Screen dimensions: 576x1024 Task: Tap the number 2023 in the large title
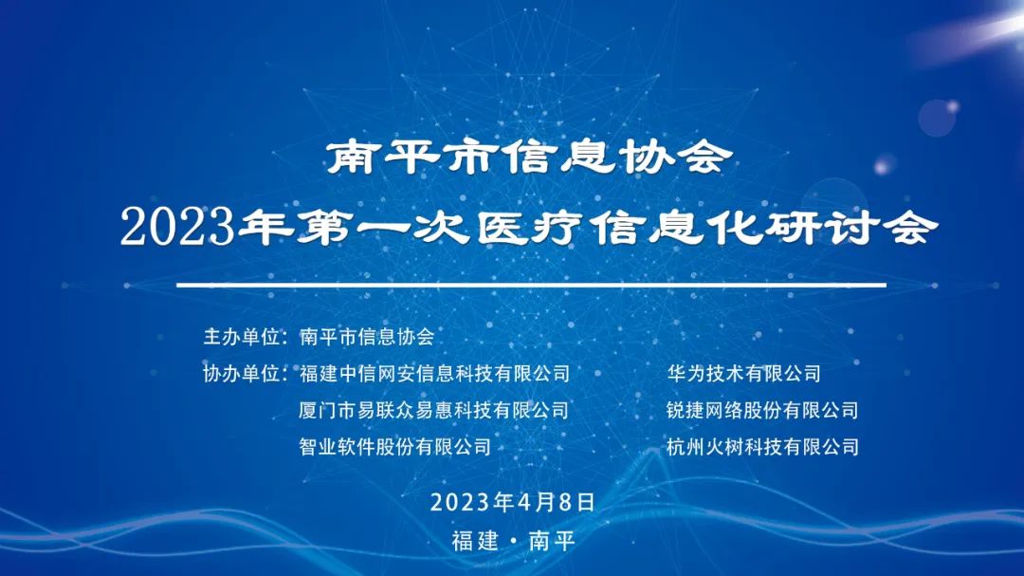pos(177,229)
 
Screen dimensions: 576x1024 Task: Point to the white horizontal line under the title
pos(531,285)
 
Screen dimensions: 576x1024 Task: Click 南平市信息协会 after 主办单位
pos(366,337)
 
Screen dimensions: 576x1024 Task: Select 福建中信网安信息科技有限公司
pos(434,374)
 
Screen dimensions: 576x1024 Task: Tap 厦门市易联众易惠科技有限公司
pos(434,410)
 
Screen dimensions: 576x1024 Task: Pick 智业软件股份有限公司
pos(395,446)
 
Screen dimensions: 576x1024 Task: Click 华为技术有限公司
pos(744,374)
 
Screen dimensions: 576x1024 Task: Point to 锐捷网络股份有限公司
pos(763,410)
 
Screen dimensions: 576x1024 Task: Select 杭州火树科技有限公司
pos(763,446)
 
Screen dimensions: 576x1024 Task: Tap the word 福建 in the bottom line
pos(475,542)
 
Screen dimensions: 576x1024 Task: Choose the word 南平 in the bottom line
pos(552,542)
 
